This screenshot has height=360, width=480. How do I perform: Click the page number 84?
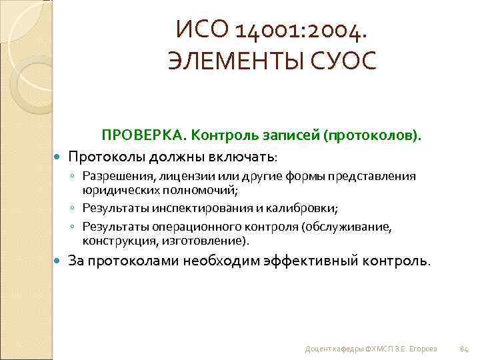pyautogui.click(x=465, y=349)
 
